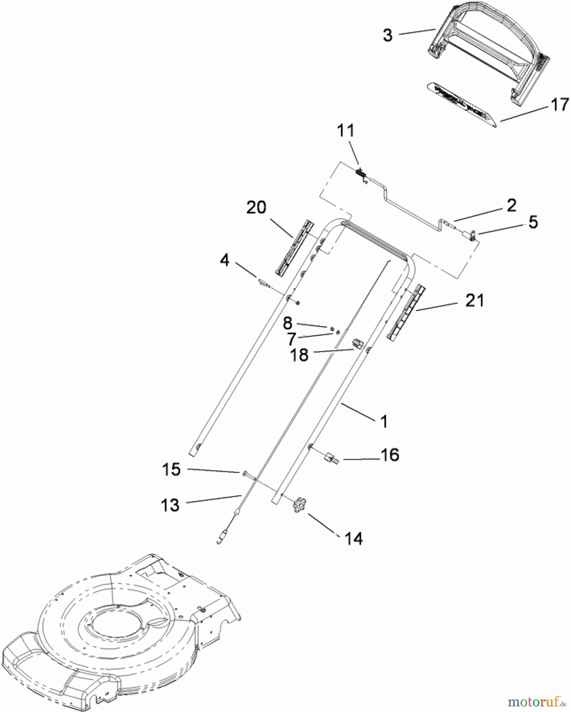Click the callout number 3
(x=388, y=35)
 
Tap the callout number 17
(x=560, y=105)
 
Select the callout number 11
(x=346, y=131)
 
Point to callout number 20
(x=256, y=207)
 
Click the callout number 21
(x=475, y=301)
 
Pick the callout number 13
(x=170, y=505)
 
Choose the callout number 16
(x=390, y=455)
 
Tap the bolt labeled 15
(x=245, y=473)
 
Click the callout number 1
(x=384, y=422)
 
